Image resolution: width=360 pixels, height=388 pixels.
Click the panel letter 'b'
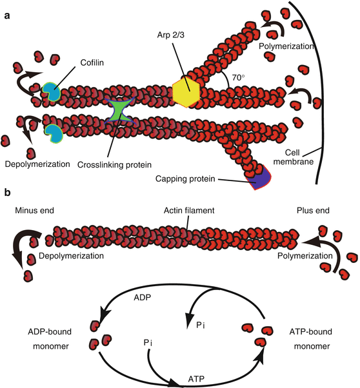coord(6,192)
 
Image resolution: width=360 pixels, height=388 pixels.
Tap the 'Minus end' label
coord(34,211)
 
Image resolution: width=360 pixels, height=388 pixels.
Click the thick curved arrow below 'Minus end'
coord(26,249)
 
